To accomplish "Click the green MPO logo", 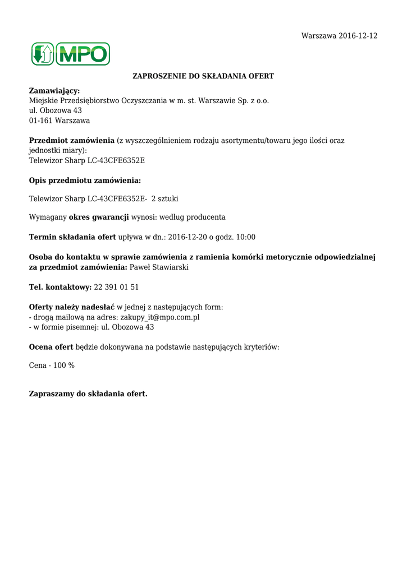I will [70, 54].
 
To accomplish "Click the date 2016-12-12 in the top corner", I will [358, 36].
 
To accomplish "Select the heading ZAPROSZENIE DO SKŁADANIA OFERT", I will [203, 76].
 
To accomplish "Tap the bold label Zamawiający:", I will [54, 91].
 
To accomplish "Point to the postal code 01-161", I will [39, 121].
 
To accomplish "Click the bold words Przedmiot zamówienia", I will [71, 141].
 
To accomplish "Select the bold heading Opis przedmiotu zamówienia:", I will [85, 180].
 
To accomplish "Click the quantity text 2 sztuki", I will [164, 199].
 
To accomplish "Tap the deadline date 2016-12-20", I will [188, 237].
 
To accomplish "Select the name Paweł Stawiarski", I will [159, 267].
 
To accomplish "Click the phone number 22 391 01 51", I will [116, 287].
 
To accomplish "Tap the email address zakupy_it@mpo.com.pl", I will [160, 317].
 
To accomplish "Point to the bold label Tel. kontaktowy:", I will [60, 287].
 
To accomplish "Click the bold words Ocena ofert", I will [51, 347].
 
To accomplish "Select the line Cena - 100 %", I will [52, 365].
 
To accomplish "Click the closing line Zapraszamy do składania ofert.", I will [88, 394].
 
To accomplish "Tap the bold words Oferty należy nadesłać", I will [71, 307].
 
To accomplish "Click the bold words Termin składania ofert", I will [72, 237].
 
